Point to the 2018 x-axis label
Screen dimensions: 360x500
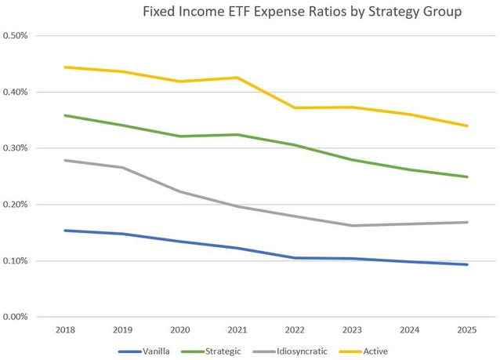click(65, 331)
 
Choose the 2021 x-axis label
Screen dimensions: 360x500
click(237, 331)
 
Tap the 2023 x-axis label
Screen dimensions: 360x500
click(353, 331)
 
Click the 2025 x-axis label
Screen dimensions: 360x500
click(468, 331)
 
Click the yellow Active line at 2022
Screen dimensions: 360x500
click(295, 107)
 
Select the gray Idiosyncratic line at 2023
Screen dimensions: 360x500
click(353, 226)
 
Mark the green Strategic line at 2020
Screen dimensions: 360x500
click(180, 136)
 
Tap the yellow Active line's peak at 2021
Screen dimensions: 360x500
click(237, 78)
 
